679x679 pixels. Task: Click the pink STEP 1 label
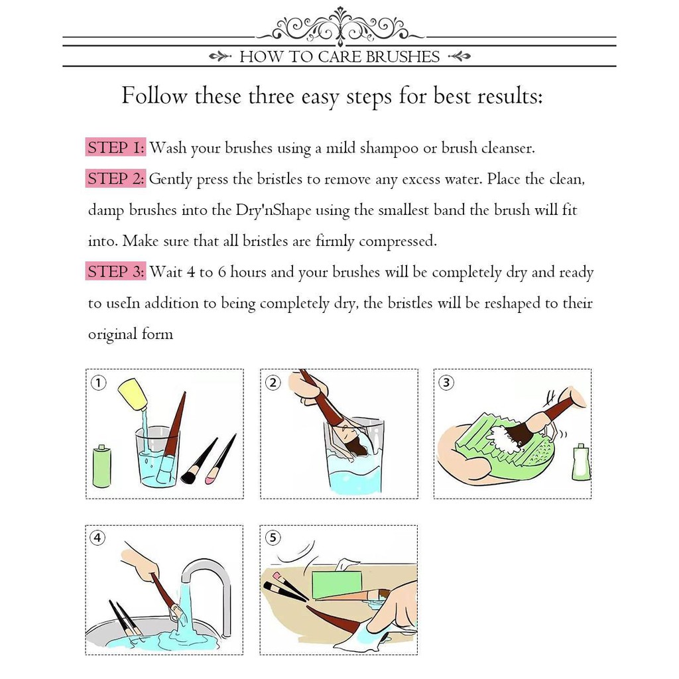coord(115,147)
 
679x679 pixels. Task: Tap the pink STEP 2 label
coord(115,178)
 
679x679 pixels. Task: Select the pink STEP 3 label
coord(115,271)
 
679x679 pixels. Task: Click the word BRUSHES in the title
coord(402,57)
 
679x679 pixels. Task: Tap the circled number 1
coord(99,383)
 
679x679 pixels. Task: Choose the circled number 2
coord(273,383)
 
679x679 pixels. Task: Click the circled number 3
coord(446,383)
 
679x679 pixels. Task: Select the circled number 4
coord(97,538)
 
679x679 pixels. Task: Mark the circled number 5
coord(273,538)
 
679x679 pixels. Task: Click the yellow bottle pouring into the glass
coord(133,394)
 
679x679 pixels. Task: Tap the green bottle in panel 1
coord(102,466)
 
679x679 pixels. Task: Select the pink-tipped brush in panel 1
coord(220,460)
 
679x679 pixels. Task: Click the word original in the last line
coord(113,335)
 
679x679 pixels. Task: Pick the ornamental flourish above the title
coord(340,26)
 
